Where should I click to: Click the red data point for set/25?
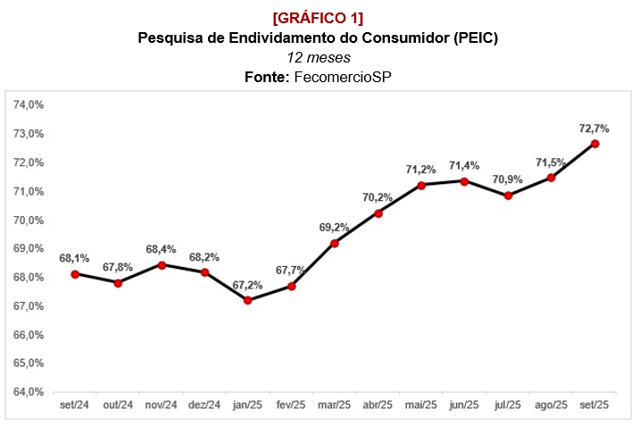594,143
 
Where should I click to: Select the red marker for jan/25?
248,300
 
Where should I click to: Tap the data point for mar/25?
335,243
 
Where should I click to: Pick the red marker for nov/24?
162,265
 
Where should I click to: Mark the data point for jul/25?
508,196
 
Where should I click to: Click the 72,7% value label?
593,129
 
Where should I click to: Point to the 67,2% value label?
247,285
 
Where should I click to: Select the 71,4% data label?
464,165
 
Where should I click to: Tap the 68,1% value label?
75,258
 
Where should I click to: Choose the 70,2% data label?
378,197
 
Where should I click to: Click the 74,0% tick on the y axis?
29,104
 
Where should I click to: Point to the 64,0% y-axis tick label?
29,392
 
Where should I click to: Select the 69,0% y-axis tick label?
29,248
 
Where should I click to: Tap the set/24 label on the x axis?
75,405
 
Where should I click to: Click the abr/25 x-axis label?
378,405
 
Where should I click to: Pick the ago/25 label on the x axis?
551,405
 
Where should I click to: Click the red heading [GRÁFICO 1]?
319,19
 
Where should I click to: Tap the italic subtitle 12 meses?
319,57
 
